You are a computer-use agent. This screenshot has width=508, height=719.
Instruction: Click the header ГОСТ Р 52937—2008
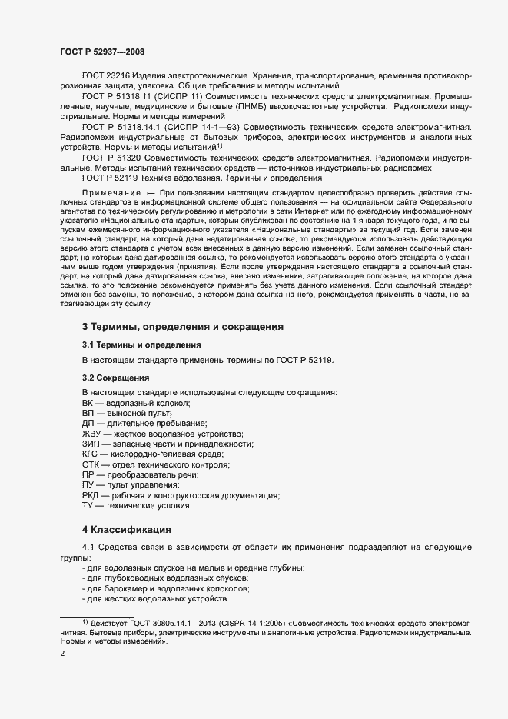click(101, 51)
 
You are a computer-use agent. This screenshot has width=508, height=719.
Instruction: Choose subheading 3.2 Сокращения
click(115, 378)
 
